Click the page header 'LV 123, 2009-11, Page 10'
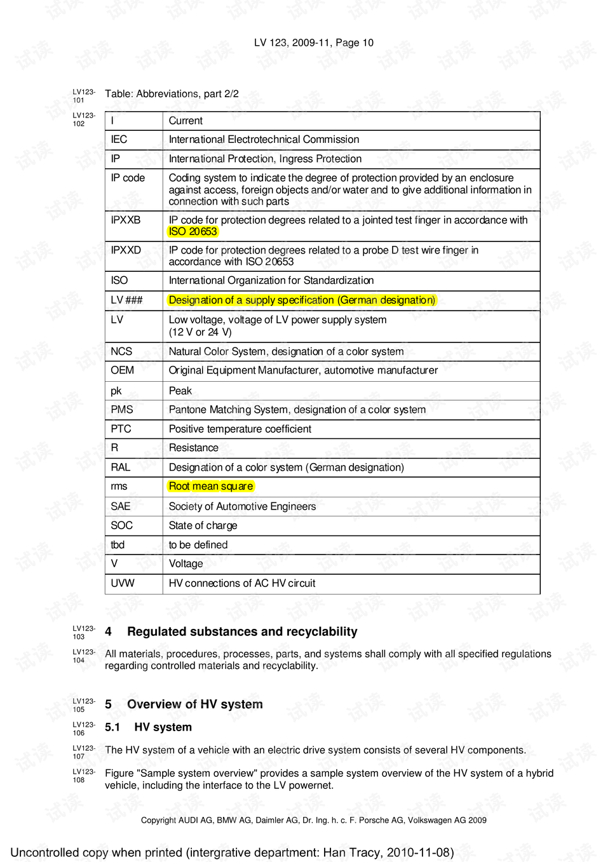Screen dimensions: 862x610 [313, 43]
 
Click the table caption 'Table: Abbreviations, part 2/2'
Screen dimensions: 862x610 [172, 94]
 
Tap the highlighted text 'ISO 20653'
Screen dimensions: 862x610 [193, 232]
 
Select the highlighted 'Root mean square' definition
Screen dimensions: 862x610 [211, 487]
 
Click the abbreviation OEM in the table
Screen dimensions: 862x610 [122, 370]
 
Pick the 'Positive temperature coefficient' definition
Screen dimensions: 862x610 [240, 429]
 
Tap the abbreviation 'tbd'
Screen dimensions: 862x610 [118, 545]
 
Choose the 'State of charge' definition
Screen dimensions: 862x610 [203, 526]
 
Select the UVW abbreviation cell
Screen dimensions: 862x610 [123, 583]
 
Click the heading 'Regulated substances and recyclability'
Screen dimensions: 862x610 [242, 632]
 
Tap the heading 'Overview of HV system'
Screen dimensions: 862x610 [194, 704]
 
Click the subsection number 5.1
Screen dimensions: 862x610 [112, 727]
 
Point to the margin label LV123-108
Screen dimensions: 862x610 [83, 776]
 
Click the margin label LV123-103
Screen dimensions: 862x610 [83, 632]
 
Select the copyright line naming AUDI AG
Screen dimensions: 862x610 [313, 820]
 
